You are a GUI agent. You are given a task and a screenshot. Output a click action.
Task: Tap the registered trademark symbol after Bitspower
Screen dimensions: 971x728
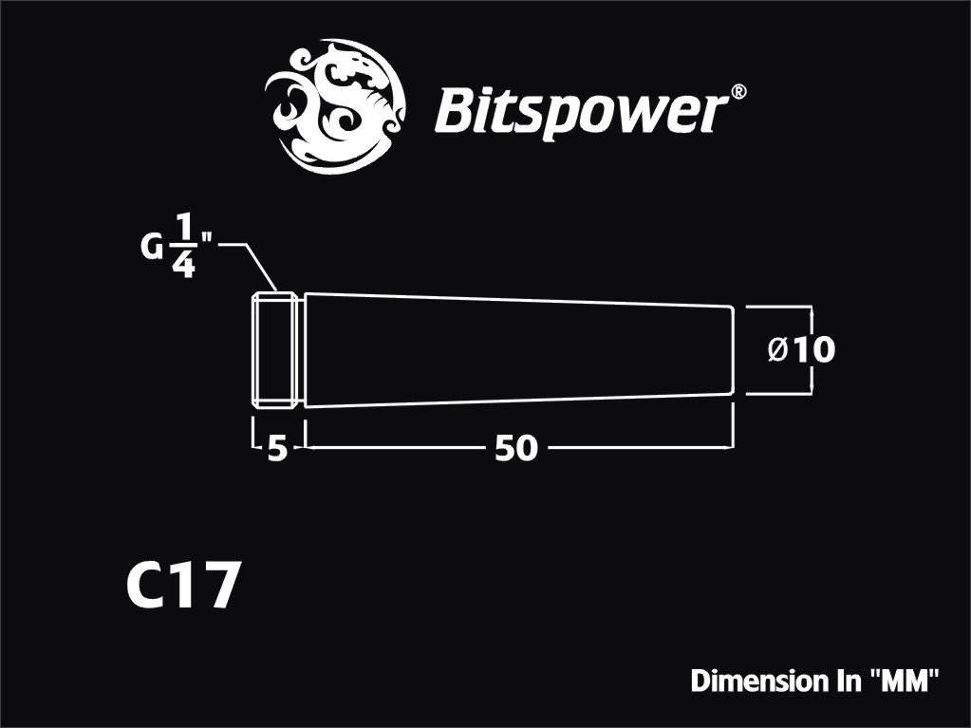tap(738, 92)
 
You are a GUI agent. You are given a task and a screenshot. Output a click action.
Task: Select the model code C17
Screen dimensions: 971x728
tap(181, 585)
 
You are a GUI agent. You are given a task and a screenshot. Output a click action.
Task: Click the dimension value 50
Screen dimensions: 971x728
tap(516, 448)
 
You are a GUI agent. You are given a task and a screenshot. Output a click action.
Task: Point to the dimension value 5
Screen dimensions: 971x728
tap(278, 448)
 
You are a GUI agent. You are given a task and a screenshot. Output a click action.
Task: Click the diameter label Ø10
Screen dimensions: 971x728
tap(801, 350)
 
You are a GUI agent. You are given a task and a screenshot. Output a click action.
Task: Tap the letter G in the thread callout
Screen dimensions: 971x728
tap(151, 249)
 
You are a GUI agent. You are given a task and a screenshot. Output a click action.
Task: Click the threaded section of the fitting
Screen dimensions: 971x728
tap(272, 350)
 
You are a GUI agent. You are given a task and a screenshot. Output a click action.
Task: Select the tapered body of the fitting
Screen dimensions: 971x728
tap(519, 350)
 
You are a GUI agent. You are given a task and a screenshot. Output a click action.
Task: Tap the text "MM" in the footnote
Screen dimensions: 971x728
tap(905, 681)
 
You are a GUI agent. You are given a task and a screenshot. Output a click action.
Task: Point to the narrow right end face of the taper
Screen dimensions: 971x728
tap(733, 350)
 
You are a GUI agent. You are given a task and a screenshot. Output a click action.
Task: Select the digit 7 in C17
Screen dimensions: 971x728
tap(216, 585)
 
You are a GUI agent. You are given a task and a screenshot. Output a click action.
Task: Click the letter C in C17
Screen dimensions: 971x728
tap(145, 585)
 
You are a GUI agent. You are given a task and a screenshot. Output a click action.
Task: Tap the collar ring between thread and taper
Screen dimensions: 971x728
tap(299, 350)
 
